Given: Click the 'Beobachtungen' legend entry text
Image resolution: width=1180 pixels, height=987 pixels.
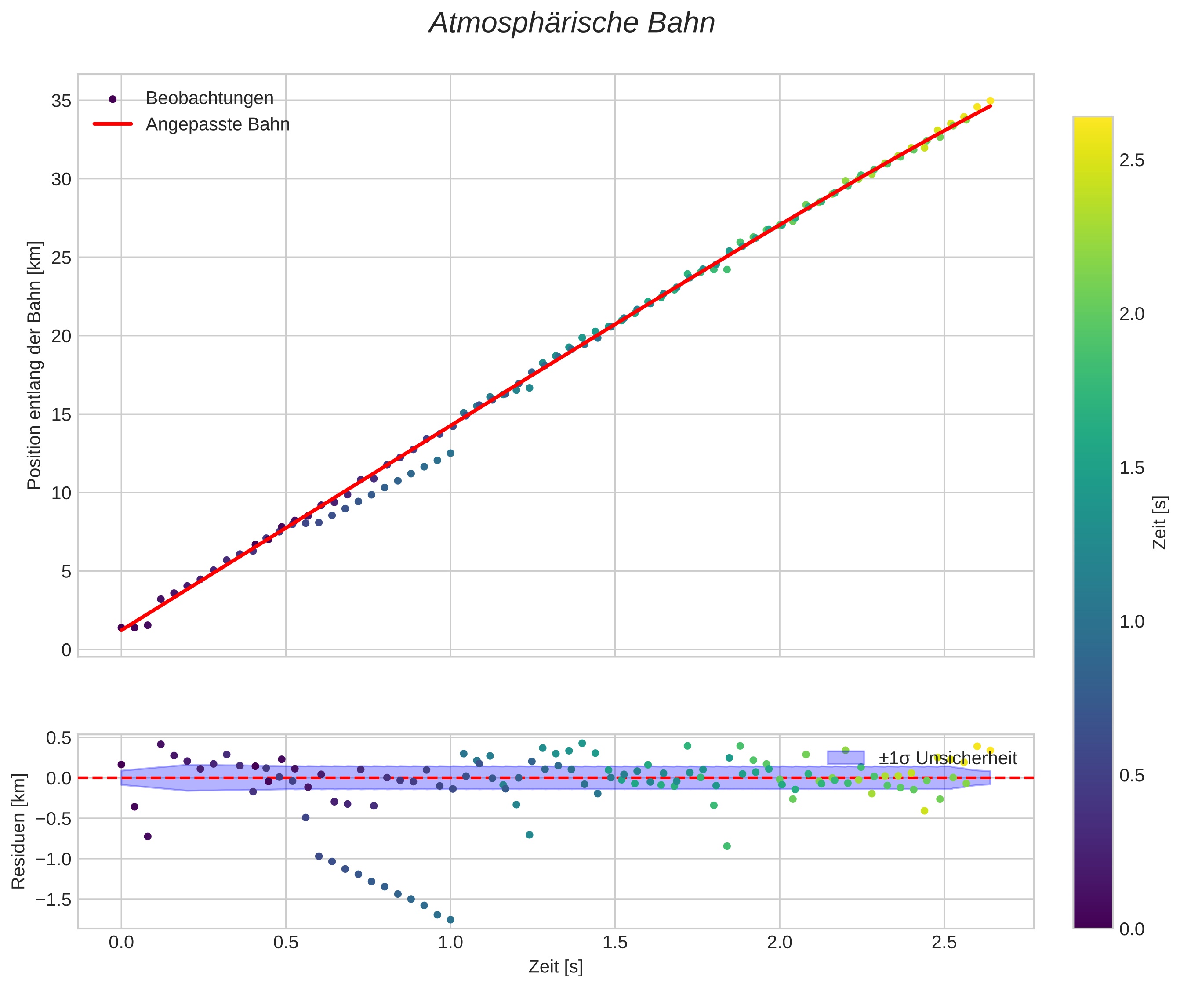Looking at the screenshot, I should coord(210,98).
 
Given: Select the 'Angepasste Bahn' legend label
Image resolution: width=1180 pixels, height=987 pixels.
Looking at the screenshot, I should coord(218,124).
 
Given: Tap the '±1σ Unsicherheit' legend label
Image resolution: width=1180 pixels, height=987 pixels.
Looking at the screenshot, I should coord(948,758).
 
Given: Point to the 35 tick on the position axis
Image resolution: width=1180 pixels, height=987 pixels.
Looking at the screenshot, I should coord(61,101).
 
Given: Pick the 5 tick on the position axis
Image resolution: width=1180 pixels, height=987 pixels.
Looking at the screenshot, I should coord(66,572).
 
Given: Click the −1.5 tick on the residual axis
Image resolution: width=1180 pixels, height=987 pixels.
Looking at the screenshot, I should coord(54,900).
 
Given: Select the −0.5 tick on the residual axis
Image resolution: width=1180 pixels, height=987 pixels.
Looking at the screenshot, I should coord(54,819).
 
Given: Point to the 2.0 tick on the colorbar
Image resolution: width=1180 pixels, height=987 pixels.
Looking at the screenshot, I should coord(1132,314).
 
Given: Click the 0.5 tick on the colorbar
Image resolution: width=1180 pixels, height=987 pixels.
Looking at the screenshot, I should coord(1132,775).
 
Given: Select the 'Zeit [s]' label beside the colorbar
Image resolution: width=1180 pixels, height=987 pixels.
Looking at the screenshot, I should coord(1160,523).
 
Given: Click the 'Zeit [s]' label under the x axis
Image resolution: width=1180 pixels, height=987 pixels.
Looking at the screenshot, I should coord(555,967).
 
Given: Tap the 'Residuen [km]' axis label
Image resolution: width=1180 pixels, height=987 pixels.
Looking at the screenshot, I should coord(19,831).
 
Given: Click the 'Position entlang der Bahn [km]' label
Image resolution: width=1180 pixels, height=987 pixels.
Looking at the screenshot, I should coord(34,365).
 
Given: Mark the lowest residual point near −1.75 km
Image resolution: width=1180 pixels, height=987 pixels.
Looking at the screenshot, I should coord(450,920).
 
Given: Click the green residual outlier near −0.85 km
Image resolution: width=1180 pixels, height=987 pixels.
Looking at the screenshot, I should coord(726,846).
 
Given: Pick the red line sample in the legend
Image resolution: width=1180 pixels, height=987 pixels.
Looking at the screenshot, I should coord(113,124).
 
